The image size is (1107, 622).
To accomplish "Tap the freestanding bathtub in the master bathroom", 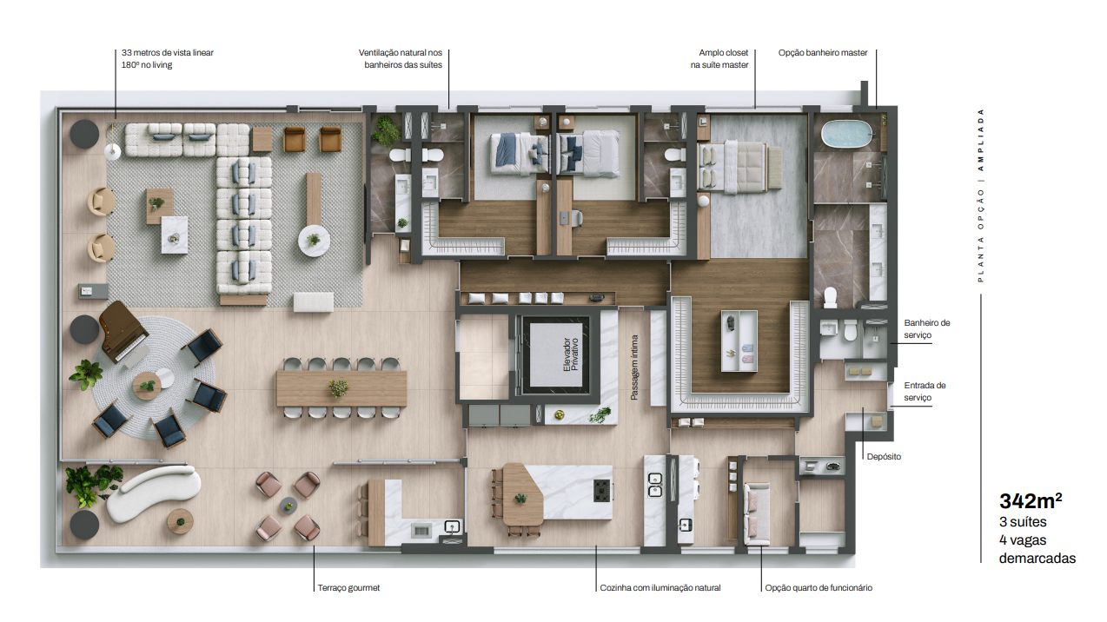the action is (x=846, y=134).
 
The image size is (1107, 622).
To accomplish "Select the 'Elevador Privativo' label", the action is (x=570, y=354).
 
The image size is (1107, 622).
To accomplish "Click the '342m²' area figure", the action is (x=1031, y=501).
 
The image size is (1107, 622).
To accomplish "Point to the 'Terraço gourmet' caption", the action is (x=348, y=588).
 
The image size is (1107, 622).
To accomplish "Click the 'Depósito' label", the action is (x=884, y=457).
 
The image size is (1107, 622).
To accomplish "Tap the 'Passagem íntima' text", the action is (x=634, y=367).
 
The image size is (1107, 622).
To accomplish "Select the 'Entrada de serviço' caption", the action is (x=925, y=391).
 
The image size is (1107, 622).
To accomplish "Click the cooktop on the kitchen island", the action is (x=602, y=491).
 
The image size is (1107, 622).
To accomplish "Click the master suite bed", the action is (x=739, y=167).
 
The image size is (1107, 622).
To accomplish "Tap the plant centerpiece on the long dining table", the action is (x=339, y=387).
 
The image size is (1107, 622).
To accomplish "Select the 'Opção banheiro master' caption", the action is (x=823, y=53).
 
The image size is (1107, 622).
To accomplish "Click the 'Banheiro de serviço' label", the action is (x=926, y=328).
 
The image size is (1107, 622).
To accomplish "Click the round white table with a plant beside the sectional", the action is (x=314, y=241).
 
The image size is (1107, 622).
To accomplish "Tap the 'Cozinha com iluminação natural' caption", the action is (x=660, y=588).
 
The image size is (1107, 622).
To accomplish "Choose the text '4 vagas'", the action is (x=1023, y=540).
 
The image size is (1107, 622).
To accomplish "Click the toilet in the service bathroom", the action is (x=850, y=330).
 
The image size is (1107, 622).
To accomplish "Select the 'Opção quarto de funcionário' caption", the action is (x=819, y=588).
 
